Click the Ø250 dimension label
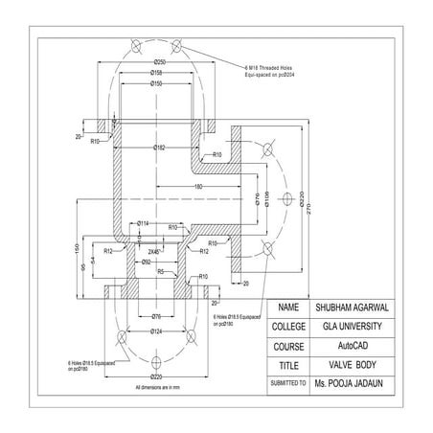pos(159,61)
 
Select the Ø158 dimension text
pos(159,73)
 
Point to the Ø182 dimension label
pos(159,147)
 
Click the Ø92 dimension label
pos(147,261)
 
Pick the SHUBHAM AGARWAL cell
pos(355,308)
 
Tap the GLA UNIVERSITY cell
pos(355,327)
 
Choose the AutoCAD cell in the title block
pos(355,346)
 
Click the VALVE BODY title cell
pos(355,365)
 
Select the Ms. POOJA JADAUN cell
pos(355,383)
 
